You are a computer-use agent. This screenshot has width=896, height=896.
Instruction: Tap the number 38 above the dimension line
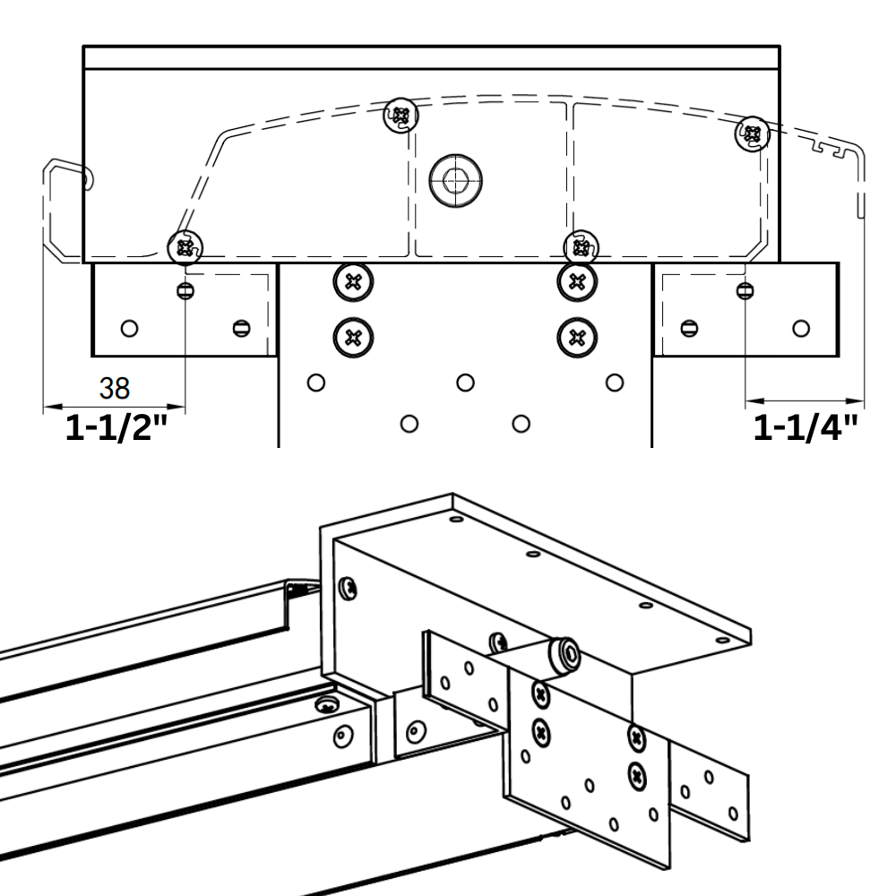pos(114,389)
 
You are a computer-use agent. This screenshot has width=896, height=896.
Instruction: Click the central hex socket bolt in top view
pos(455,181)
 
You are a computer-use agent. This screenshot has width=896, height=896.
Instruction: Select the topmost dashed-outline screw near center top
pos(401,115)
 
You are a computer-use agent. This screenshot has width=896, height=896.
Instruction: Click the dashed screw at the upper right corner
pos(752,134)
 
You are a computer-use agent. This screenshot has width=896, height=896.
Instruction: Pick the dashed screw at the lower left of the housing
pos(186,246)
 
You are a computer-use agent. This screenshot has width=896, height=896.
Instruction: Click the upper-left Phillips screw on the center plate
pos(353,282)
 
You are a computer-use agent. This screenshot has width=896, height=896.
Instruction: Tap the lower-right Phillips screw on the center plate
pos(576,338)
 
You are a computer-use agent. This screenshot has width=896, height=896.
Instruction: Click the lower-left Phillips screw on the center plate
pos(353,338)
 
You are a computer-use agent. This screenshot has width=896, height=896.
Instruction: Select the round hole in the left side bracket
pos(130,328)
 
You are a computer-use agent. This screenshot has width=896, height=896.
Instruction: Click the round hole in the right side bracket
pos(801,328)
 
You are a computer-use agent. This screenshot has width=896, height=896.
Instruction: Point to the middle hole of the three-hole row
pos(464,383)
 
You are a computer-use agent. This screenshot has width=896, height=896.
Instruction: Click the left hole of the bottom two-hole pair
pos(409,422)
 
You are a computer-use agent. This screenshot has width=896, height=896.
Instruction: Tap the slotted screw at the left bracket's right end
pos(239,328)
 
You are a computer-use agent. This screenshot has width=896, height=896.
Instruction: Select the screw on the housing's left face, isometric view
pos(349,589)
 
